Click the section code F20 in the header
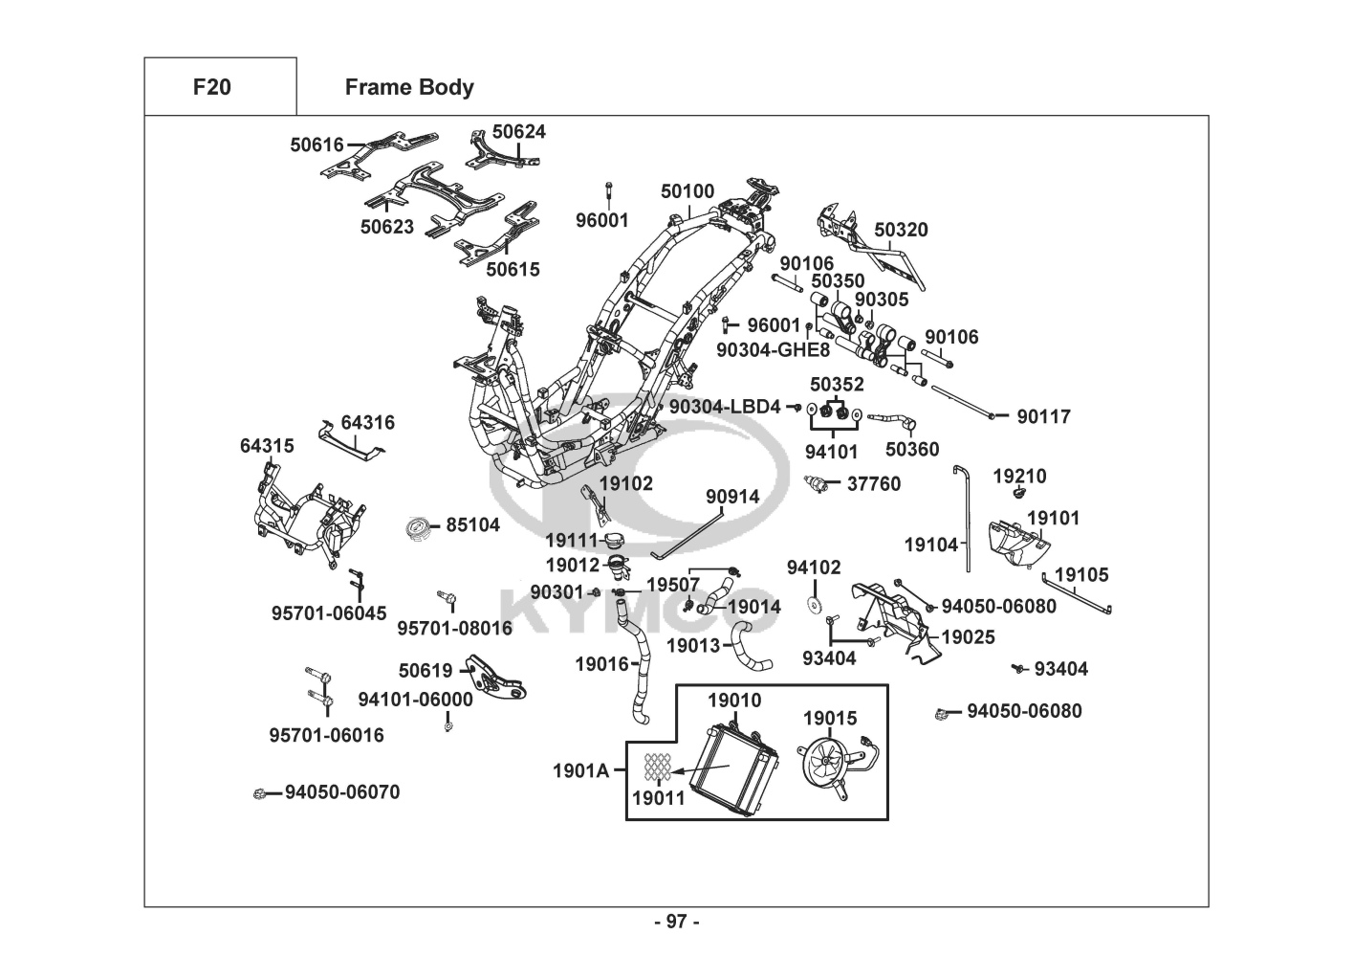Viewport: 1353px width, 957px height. [211, 87]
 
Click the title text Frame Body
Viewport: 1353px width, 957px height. [409, 87]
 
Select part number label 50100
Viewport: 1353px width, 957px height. [687, 191]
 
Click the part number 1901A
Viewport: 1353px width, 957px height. [580, 769]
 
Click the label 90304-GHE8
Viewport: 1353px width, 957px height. [774, 350]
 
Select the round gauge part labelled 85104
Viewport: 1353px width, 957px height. [419, 527]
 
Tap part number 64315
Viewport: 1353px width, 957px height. [267, 446]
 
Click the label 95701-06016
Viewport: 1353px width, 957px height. [326, 735]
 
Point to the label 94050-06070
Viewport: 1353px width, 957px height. [342, 792]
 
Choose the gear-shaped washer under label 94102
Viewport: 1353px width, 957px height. [815, 605]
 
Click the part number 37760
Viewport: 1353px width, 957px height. [874, 484]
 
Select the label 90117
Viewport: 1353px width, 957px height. [1043, 416]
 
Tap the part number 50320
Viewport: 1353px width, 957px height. [901, 230]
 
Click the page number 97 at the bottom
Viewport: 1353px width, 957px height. [677, 922]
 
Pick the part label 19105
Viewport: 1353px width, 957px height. [1081, 574]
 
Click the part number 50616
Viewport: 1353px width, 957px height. [316, 145]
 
